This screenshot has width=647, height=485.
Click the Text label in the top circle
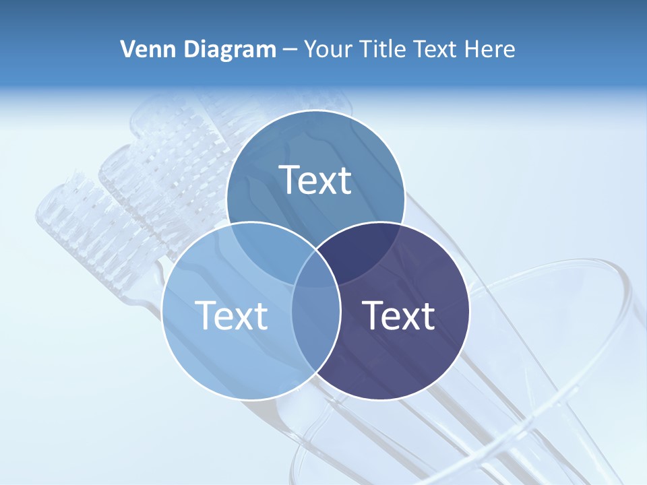[315, 180]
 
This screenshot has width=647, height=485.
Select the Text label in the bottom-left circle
[231, 315]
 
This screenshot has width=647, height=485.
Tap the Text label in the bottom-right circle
[399, 315]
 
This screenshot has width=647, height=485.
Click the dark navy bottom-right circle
[418, 350]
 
